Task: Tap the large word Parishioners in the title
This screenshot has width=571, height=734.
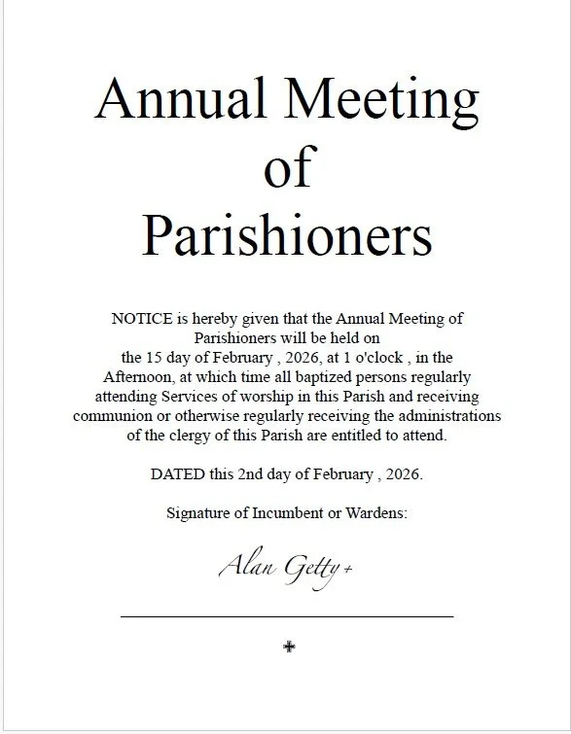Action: pos(287,234)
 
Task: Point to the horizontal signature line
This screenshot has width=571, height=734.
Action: pos(287,615)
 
